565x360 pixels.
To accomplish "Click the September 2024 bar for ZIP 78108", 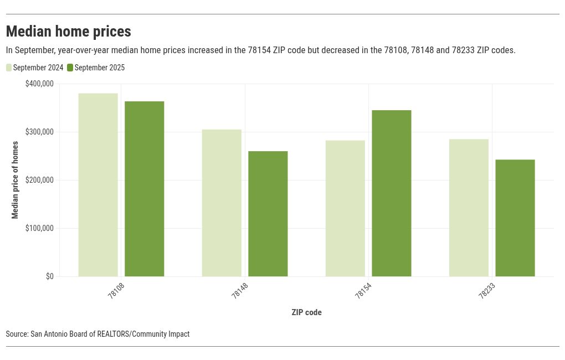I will (98, 184).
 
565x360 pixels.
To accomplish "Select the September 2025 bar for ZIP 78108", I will (144, 188).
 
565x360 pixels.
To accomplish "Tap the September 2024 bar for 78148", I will (222, 203).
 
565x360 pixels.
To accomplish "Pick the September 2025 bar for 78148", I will (268, 213).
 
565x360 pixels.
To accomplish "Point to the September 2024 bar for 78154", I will (345, 208).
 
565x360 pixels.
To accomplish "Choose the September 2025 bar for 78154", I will (391, 193).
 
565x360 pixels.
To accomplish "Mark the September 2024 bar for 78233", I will (469, 207).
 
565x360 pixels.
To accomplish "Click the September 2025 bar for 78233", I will (515, 218).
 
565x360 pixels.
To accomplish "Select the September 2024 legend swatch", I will (9, 68).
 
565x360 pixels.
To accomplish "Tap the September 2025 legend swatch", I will (70, 68).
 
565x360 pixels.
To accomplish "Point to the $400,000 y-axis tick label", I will (39, 84).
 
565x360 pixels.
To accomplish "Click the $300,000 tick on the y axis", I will (39, 132).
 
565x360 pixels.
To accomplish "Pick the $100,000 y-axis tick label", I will (39, 228).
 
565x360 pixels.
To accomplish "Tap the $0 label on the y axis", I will (49, 276).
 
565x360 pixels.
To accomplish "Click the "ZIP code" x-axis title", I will (306, 312).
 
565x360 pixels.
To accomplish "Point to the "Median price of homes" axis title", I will (15, 180).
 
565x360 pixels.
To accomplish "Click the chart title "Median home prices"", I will (68, 31).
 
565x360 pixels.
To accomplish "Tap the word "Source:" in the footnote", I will (17, 334).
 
